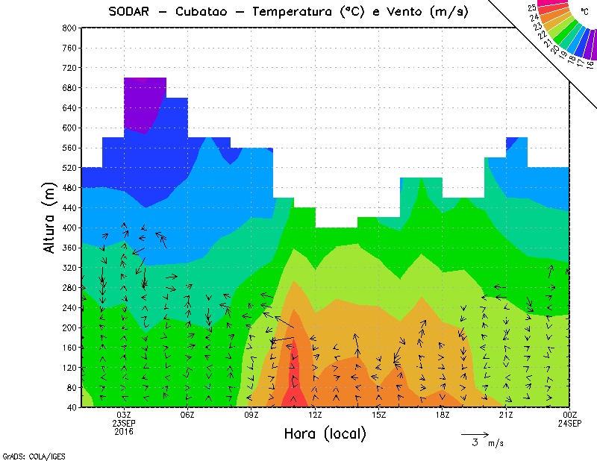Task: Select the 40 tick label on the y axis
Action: [x=72, y=407]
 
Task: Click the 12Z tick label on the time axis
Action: [x=315, y=415]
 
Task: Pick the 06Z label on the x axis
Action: [x=187, y=415]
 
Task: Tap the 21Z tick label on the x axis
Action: [x=506, y=415]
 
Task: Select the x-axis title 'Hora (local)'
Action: [x=325, y=434]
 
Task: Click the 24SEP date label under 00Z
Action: [x=569, y=423]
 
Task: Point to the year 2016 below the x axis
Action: [x=124, y=431]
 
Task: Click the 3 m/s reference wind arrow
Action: [x=474, y=433]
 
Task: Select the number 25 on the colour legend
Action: [x=531, y=7]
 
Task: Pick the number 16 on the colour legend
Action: [x=590, y=64]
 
